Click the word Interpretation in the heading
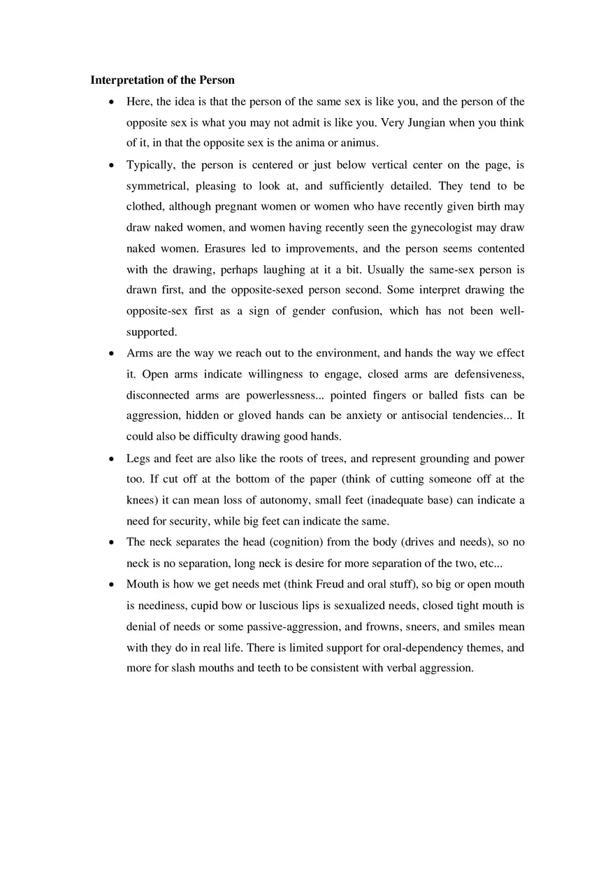[124, 80]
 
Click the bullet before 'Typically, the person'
[112, 166]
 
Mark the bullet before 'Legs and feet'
[112, 459]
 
